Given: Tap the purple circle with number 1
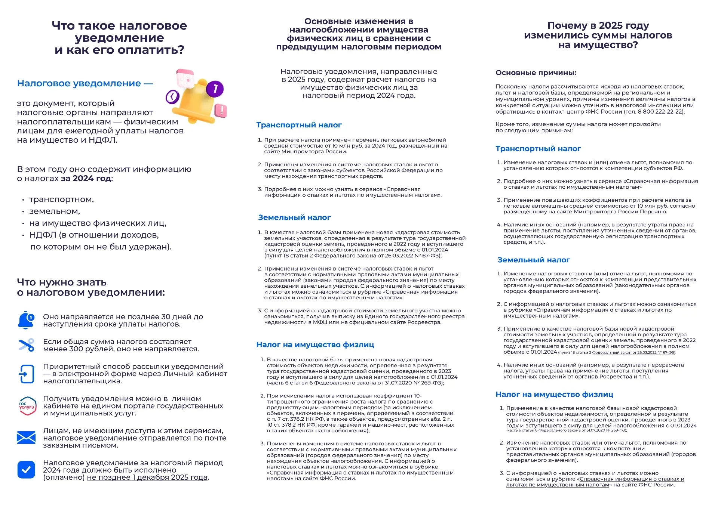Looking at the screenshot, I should point(215,89).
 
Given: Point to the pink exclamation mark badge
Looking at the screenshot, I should point(221,111).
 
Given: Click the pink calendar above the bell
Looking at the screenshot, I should point(185,78).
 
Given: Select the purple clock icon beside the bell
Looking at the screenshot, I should point(172,97).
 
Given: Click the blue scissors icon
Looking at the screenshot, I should point(26,345).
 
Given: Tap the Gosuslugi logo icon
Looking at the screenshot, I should point(27,406).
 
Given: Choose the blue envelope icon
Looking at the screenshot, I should point(26,438).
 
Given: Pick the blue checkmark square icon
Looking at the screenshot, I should point(26,470).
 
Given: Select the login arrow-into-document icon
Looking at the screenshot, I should point(26,374).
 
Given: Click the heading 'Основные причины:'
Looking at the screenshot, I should point(536,72).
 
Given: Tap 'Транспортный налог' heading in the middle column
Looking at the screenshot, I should point(299,125).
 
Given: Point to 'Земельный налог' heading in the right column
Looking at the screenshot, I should point(534,260).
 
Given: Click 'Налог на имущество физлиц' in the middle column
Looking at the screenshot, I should point(315,344).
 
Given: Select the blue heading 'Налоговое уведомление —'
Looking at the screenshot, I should point(85,83).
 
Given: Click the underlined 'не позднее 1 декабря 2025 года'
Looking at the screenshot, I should point(147,477).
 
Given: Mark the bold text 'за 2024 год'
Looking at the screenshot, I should point(86,178).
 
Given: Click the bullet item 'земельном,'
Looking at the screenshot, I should point(55,211).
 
